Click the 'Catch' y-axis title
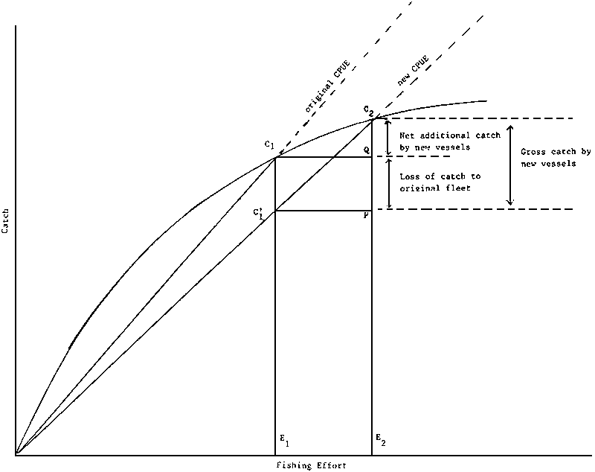tap(6, 220)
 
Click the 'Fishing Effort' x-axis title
tap(311, 465)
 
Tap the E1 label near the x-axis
tap(284, 440)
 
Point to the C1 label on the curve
tap(269, 144)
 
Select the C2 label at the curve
tap(368, 110)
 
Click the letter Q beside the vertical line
tap(366, 150)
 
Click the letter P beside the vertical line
tap(366, 215)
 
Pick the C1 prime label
tap(258, 214)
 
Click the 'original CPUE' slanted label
tap(327, 86)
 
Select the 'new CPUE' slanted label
tap(413, 71)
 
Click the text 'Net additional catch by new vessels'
tap(450, 141)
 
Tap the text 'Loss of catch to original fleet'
tap(440, 182)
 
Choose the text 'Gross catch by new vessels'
tap(556, 158)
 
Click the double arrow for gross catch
tap(511, 165)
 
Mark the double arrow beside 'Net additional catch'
tap(387, 138)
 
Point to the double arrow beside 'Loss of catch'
tap(388, 183)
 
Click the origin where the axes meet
tap(16, 453)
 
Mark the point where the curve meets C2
tap(372, 119)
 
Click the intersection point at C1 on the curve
tap(275, 157)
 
